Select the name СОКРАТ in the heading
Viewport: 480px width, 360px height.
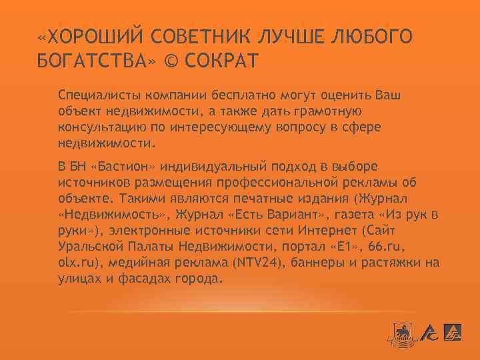pyautogui.click(x=221, y=61)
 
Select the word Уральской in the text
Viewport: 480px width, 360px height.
pyautogui.click(x=86, y=247)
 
